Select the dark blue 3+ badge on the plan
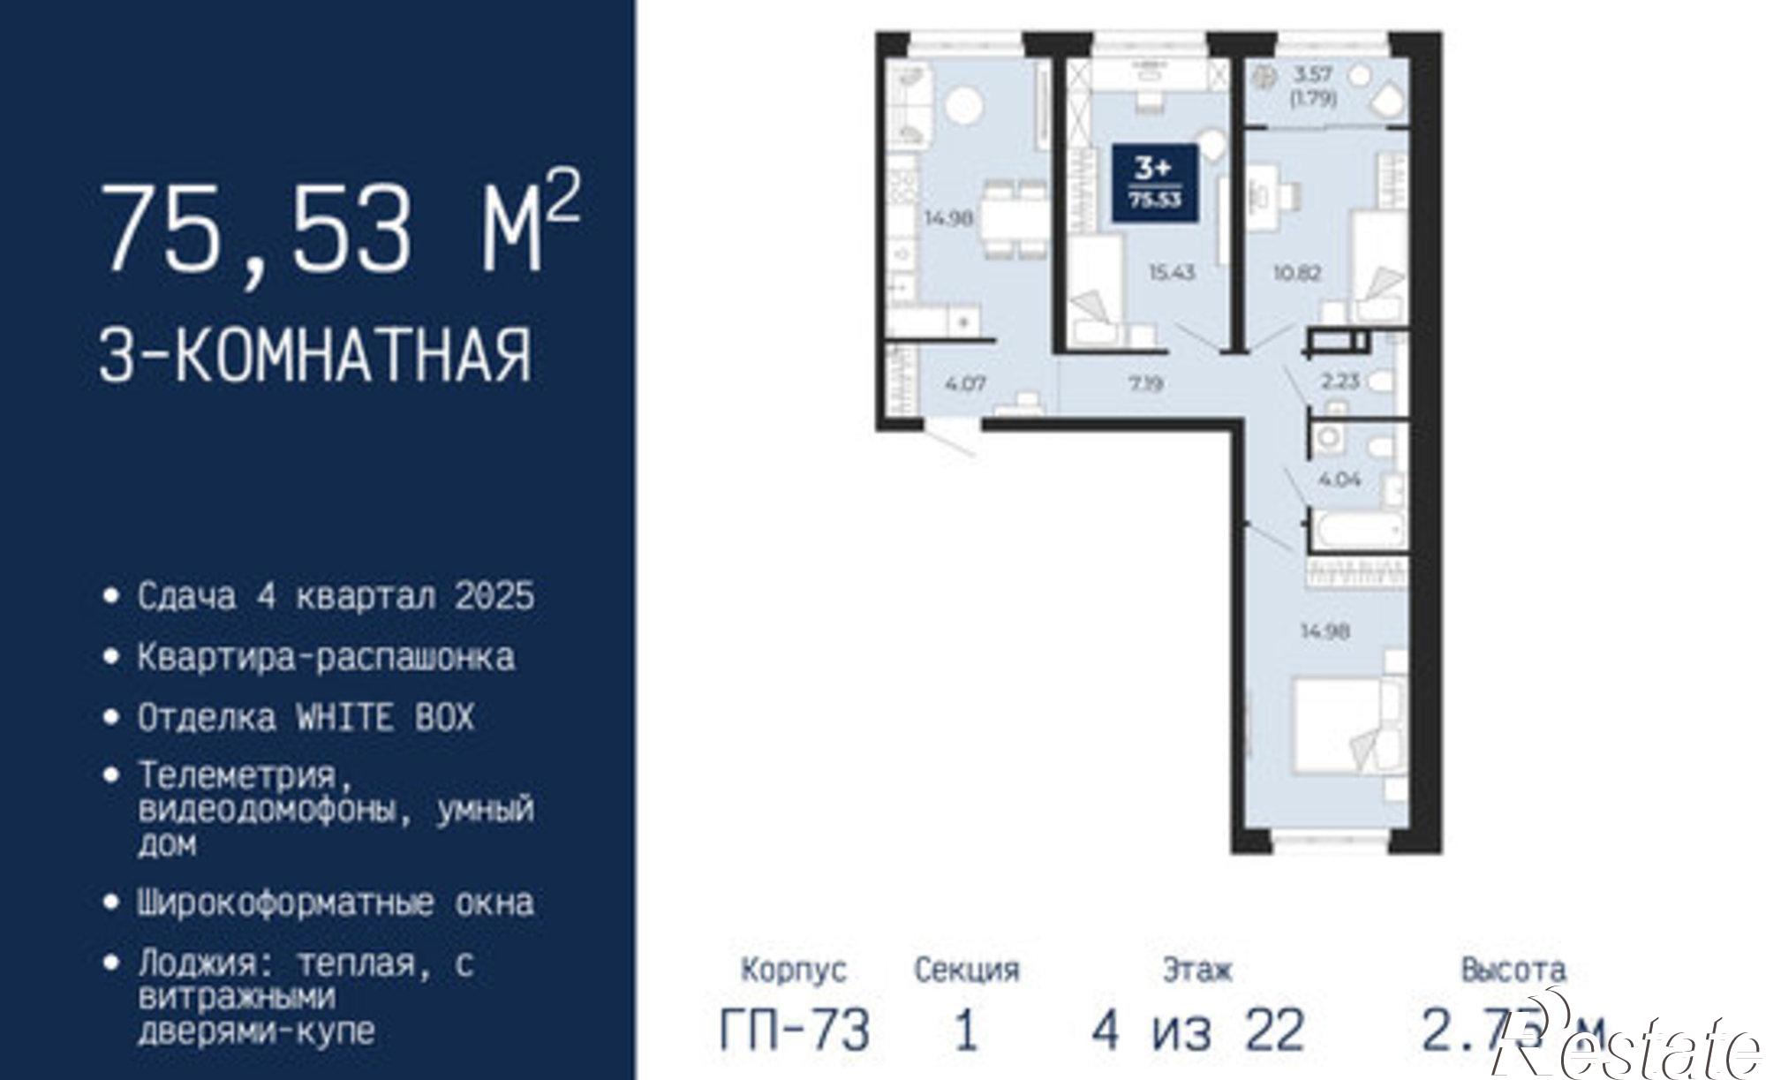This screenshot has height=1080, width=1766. pyautogui.click(x=1154, y=181)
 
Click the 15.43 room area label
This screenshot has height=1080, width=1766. pyautogui.click(x=1172, y=272)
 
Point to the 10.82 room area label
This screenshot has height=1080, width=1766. pyautogui.click(x=1297, y=272)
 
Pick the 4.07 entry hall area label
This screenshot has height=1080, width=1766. pyautogui.click(x=965, y=384)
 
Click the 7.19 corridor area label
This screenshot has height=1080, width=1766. pyautogui.click(x=1145, y=384)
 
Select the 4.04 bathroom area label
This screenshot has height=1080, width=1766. pyautogui.click(x=1340, y=480)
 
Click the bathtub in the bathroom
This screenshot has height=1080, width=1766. pyautogui.click(x=1358, y=530)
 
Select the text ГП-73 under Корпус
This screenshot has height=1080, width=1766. pyautogui.click(x=795, y=1030)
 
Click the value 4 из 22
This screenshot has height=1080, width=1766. pyautogui.click(x=1198, y=1030)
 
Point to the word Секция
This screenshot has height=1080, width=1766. pyautogui.click(x=967, y=970)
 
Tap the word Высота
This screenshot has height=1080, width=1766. pyautogui.click(x=1513, y=970)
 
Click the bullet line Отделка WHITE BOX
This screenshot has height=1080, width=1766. pyautogui.click(x=306, y=717)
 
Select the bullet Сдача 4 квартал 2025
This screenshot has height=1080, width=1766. pyautogui.click(x=336, y=596)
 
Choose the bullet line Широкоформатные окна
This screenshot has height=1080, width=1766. pyautogui.click(x=336, y=903)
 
